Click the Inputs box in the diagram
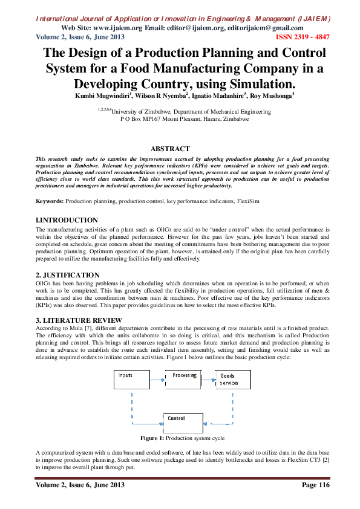point(131,380)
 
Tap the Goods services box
point(233,380)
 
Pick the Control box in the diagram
point(183,422)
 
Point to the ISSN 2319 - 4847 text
point(303,37)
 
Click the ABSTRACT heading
point(170,148)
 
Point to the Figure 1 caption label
point(152,437)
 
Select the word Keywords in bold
point(50,200)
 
